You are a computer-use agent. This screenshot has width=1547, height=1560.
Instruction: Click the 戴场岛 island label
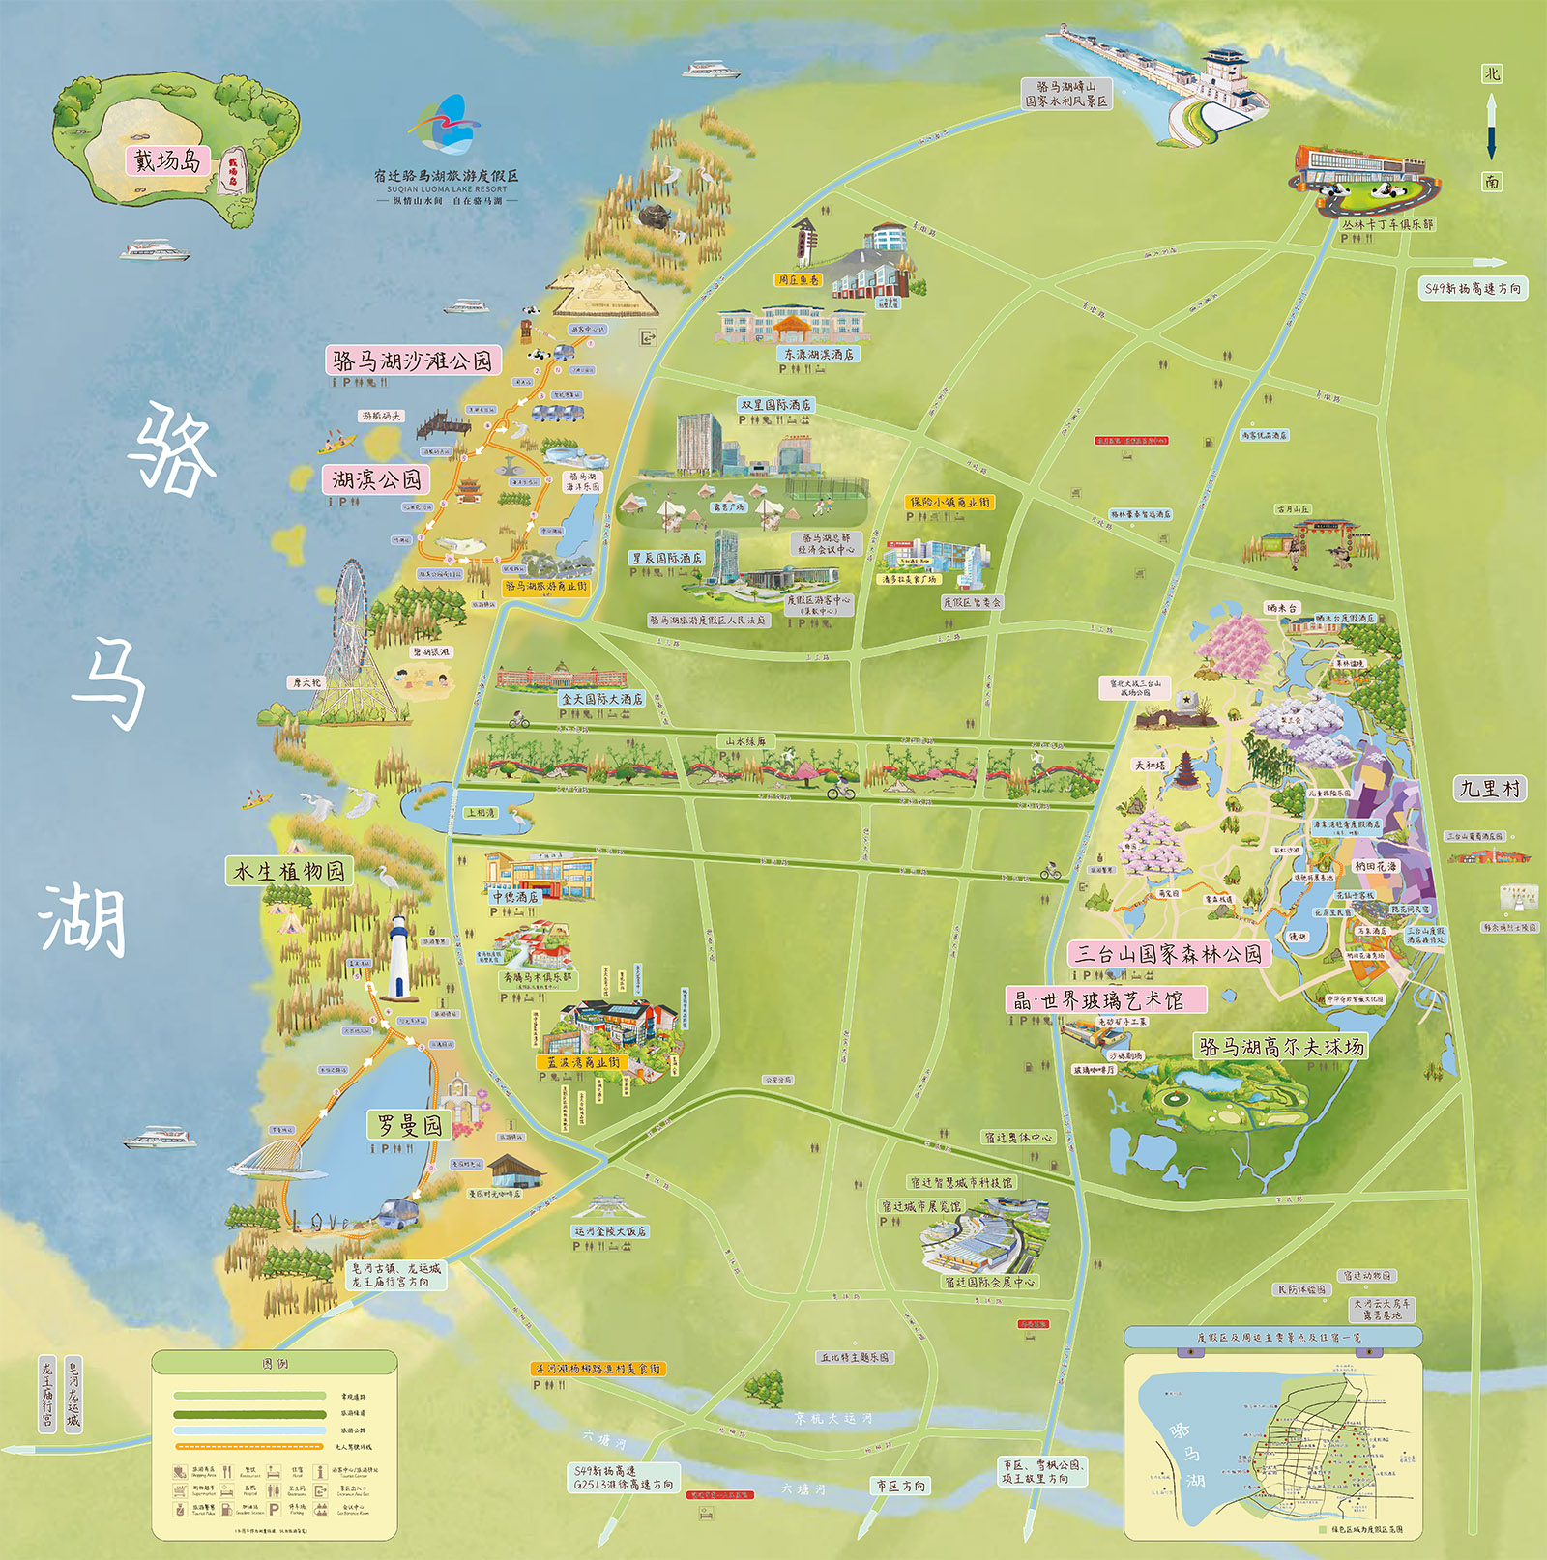[166, 160]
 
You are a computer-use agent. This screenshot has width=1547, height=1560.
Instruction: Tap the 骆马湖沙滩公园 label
[414, 361]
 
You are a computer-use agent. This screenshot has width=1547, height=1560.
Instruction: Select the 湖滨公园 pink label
[375, 479]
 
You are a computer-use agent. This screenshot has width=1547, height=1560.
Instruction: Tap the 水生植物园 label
[288, 871]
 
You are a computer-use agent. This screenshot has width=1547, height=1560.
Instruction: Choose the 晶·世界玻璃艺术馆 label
[1107, 1000]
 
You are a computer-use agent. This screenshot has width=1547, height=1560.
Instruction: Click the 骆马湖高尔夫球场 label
[1281, 1047]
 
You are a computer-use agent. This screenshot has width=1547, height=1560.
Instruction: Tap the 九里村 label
[1489, 789]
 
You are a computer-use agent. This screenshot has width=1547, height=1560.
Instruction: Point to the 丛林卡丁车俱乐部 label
[1386, 224]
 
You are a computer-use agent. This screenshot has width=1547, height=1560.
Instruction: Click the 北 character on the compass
[1491, 74]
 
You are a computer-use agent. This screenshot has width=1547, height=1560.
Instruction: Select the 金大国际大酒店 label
[601, 699]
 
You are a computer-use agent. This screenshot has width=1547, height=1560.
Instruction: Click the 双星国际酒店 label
[774, 405]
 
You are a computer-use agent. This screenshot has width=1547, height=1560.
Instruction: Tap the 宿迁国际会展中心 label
[989, 1282]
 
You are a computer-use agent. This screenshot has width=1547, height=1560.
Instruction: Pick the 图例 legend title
[275, 1364]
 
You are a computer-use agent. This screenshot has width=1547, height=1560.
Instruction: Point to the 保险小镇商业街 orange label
[949, 503]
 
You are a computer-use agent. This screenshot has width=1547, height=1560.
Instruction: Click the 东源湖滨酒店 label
[818, 355]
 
